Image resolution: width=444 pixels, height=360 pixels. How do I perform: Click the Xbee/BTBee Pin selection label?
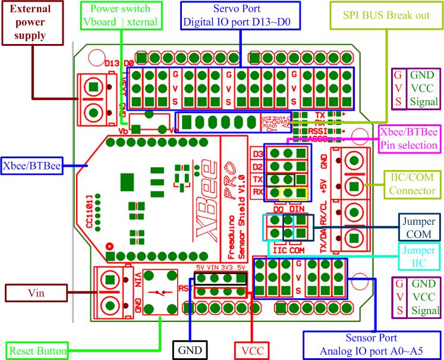[410, 138]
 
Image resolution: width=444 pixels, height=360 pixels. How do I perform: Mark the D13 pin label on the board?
[112, 64]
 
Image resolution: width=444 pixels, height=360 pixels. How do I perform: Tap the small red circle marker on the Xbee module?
[109, 246]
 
